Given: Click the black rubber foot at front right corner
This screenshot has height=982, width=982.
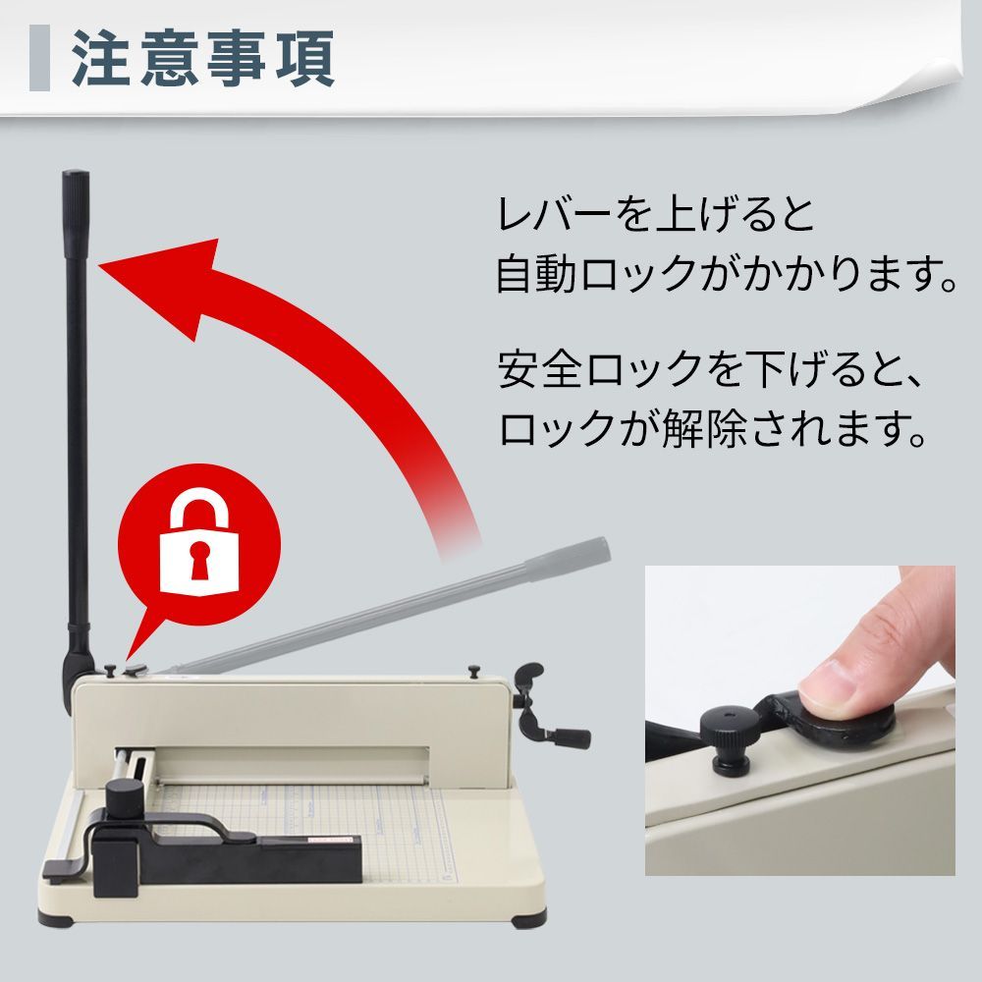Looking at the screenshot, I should [x=531, y=918].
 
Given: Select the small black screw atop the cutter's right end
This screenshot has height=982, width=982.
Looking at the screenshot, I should [x=474, y=671].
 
